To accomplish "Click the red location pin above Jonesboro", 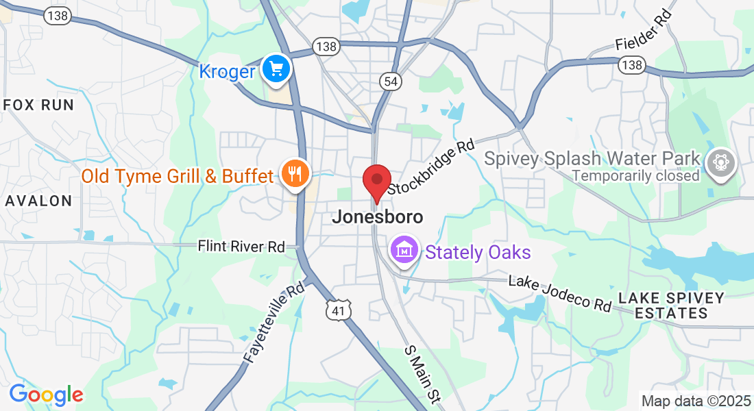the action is click(x=376, y=182).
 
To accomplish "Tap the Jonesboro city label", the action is click(x=377, y=217).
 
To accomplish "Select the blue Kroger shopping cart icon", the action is click(x=277, y=69).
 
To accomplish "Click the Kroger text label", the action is click(x=227, y=71).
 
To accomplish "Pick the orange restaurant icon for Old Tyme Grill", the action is click(x=295, y=175).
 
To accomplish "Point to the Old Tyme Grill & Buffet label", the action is click(x=178, y=176).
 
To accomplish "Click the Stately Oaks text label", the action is click(x=478, y=252).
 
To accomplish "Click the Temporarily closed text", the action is click(x=635, y=176).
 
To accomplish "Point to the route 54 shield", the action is click(x=389, y=82).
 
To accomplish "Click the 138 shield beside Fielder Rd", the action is click(x=631, y=64).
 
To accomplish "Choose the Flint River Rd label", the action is click(x=241, y=246).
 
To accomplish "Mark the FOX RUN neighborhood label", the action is click(x=38, y=105).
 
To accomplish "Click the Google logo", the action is click(x=46, y=395).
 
